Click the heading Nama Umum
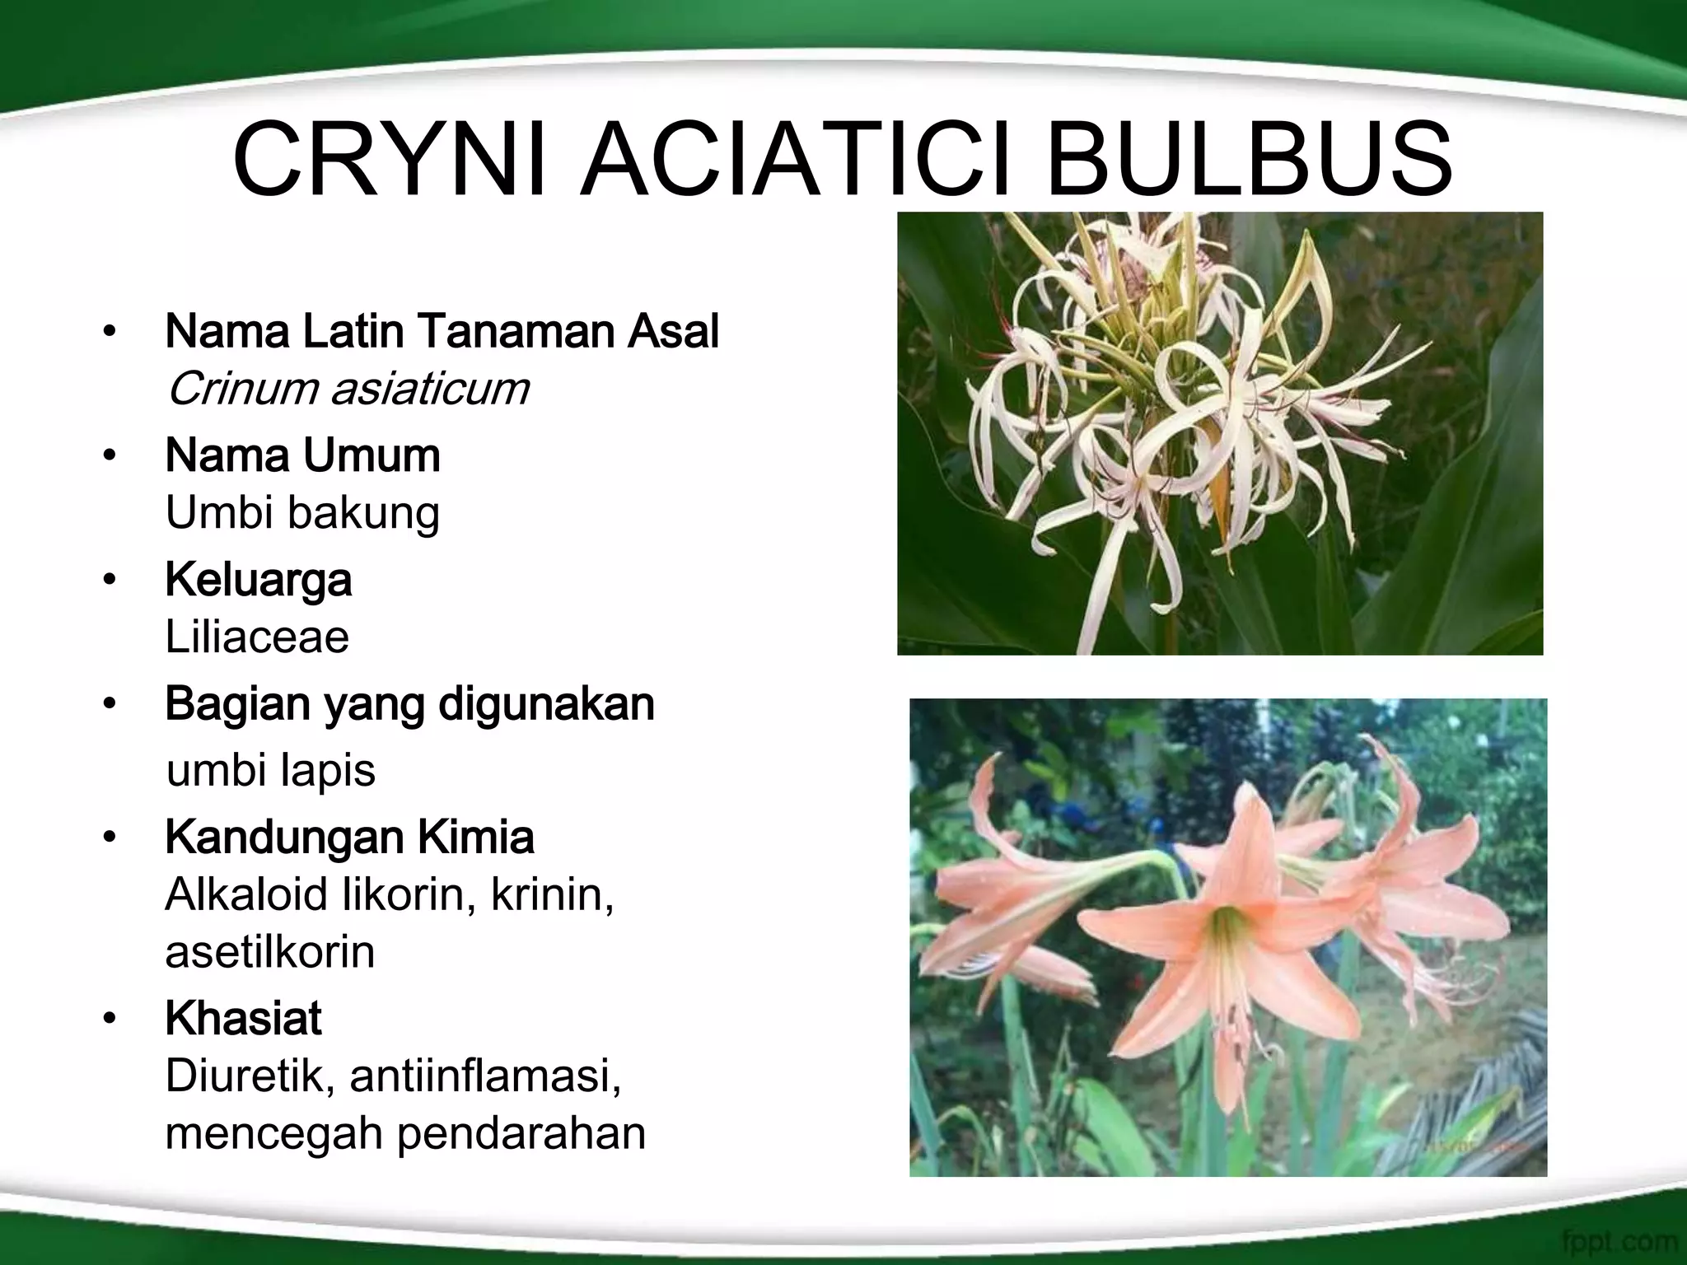pos(302,455)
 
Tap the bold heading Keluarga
pos(258,580)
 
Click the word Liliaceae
pos(257,637)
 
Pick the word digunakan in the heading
pos(546,704)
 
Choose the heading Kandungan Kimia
pos(349,838)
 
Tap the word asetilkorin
pos(269,952)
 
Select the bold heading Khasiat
pos(243,1019)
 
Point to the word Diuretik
pos(250,1076)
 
